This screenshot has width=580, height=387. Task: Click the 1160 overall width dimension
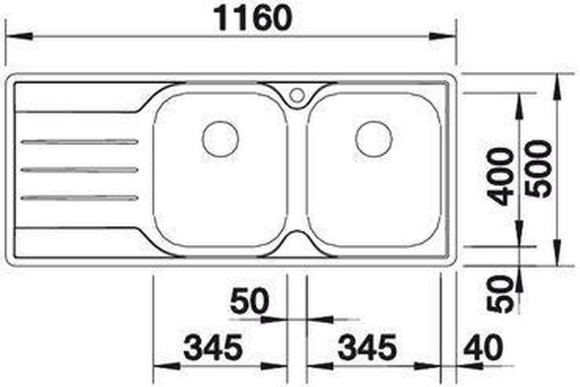(x=253, y=19)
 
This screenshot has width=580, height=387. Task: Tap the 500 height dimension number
(x=539, y=169)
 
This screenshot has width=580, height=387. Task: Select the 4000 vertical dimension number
(x=501, y=176)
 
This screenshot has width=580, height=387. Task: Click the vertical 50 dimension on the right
(x=500, y=294)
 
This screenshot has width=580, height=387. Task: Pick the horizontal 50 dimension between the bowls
(x=249, y=301)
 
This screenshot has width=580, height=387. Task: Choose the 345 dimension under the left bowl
(x=213, y=347)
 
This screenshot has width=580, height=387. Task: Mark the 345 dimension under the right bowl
(x=368, y=347)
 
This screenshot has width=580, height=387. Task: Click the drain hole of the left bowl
(x=220, y=139)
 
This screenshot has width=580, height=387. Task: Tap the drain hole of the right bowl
(x=373, y=139)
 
